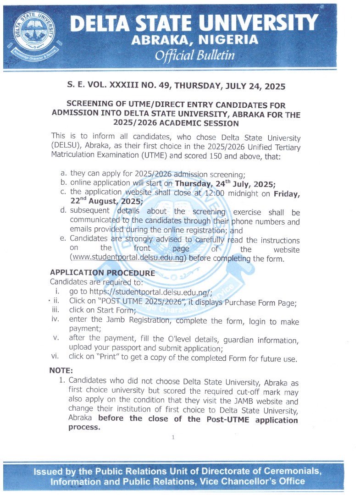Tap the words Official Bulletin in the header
(194, 55)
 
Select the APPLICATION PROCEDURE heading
(102, 273)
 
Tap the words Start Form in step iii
(103, 312)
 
